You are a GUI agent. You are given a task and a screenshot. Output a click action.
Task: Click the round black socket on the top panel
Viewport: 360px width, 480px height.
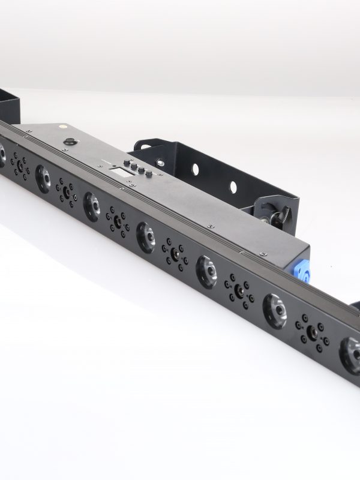pyautogui.click(x=71, y=142)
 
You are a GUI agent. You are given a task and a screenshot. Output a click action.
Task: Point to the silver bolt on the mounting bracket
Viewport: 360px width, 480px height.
pyautogui.click(x=160, y=163)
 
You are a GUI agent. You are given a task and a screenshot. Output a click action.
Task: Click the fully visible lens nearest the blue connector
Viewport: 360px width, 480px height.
pyautogui.click(x=274, y=310)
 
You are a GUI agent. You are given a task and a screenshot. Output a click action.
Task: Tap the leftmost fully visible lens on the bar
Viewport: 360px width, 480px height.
pyautogui.click(x=43, y=178)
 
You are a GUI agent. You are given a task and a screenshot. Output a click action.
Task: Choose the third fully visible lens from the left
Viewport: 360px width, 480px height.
pyautogui.click(x=146, y=236)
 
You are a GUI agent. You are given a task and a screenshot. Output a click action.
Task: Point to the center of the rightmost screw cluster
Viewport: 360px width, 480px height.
pyautogui.click(x=312, y=331)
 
